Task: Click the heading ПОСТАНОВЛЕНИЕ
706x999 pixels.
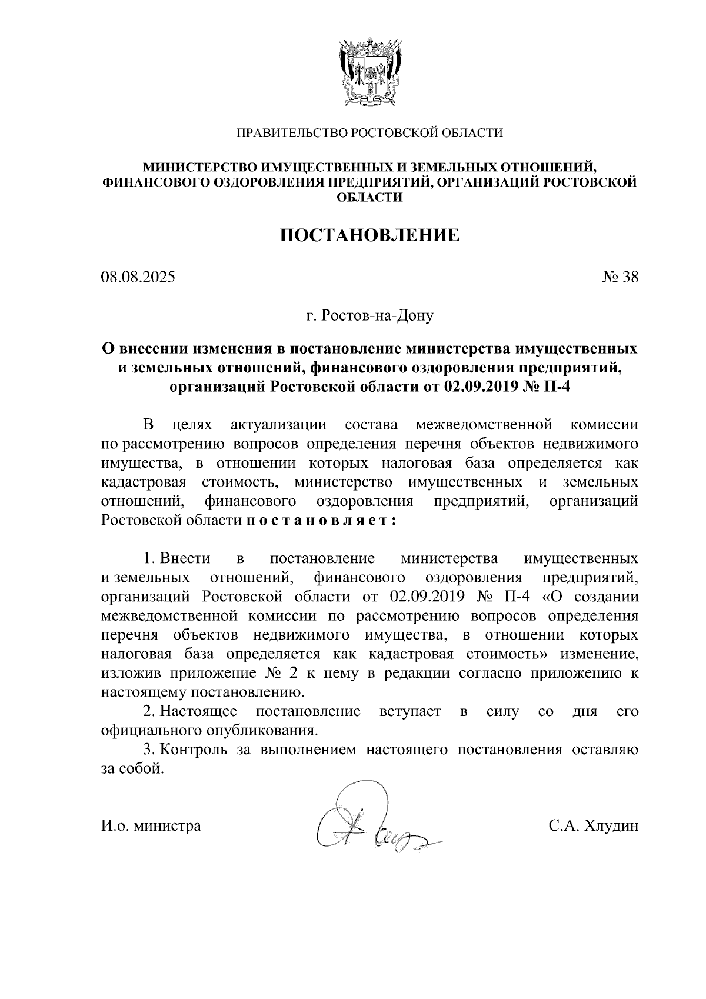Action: click(x=369, y=235)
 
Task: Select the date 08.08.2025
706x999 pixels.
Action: click(x=138, y=277)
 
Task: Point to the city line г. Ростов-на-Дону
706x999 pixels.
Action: click(x=369, y=316)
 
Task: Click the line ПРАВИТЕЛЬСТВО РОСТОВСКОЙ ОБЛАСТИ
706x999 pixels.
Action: click(x=369, y=134)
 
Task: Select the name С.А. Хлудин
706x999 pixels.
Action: click(x=593, y=826)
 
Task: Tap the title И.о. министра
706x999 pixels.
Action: click(x=151, y=826)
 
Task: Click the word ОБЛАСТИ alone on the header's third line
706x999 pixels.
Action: click(x=369, y=197)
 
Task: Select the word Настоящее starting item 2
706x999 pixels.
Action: click(x=199, y=712)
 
